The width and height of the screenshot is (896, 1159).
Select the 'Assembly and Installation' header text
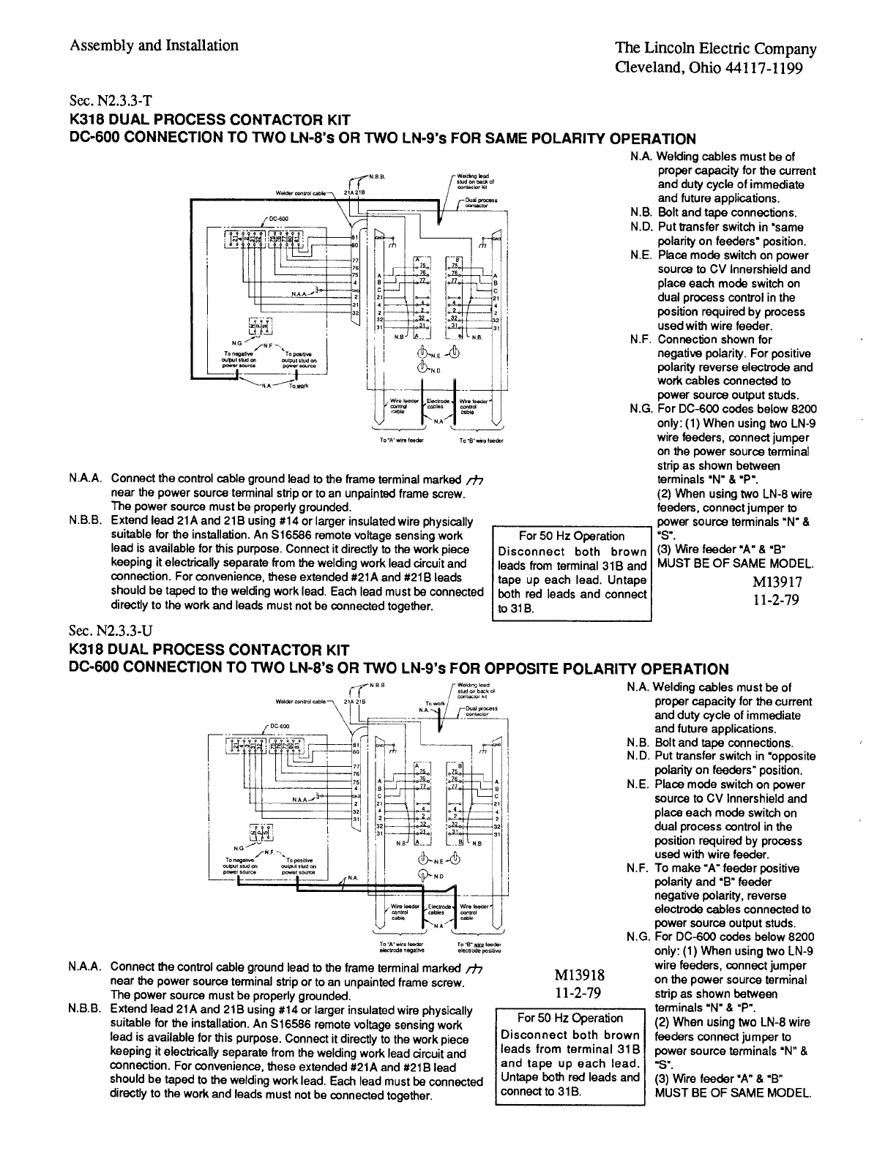[154, 45]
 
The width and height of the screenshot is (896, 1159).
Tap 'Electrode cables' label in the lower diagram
[437, 909]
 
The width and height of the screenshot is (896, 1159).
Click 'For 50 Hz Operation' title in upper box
[571, 536]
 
